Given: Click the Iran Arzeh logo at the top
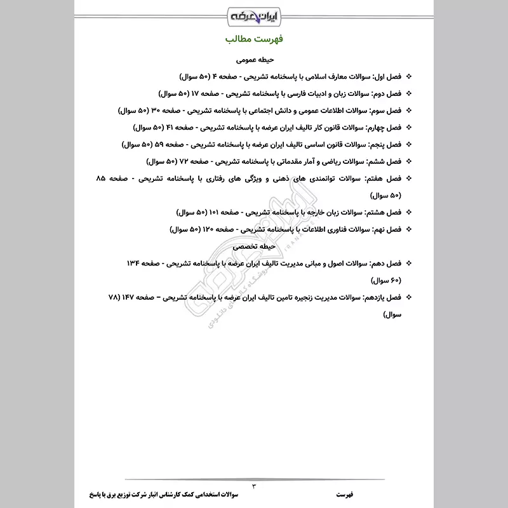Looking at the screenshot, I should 253,14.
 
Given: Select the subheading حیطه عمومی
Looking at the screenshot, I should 253,61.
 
